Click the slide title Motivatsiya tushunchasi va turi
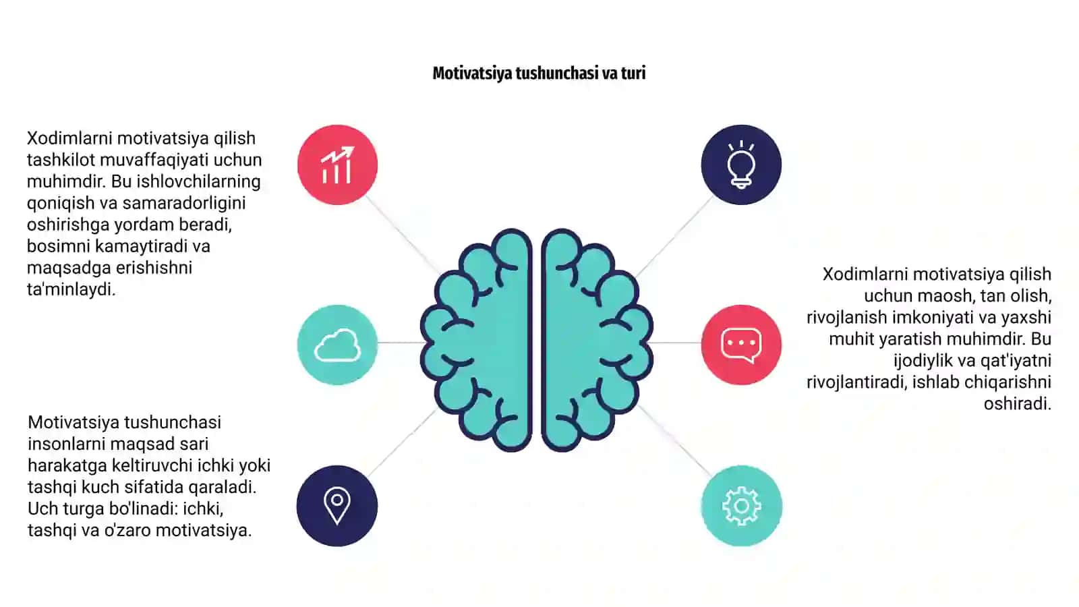[539, 74]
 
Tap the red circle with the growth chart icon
[337, 165]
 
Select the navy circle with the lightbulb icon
[741, 165]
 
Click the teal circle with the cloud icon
[337, 345]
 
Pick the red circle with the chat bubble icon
[741, 345]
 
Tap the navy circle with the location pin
[337, 506]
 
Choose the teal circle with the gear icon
[741, 506]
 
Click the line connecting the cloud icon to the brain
[400, 343]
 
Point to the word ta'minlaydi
[71, 289]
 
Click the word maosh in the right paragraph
[943, 295]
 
